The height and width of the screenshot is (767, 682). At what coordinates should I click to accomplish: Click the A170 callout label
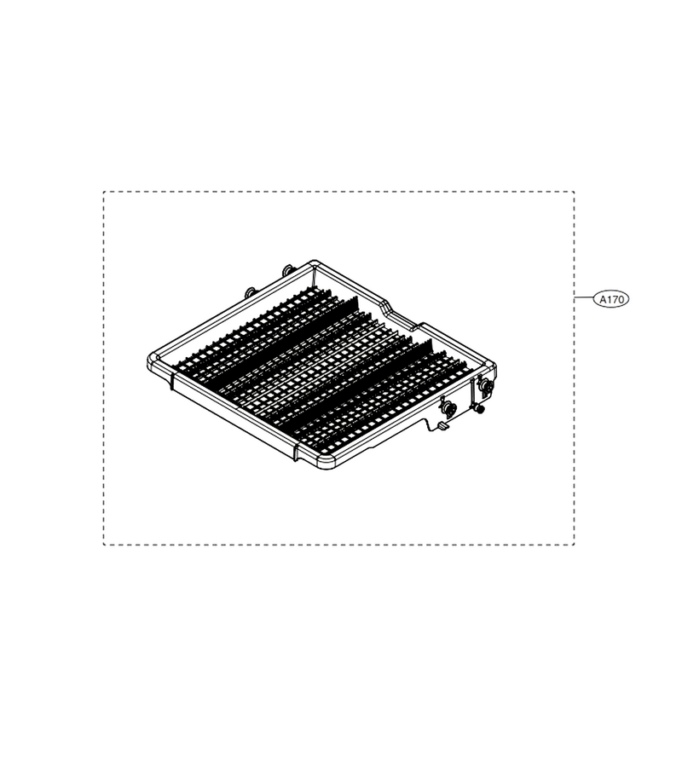coord(610,299)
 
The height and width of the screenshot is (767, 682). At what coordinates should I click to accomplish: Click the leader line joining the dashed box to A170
coord(584,297)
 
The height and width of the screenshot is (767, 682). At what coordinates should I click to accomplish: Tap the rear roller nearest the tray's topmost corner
coord(286,270)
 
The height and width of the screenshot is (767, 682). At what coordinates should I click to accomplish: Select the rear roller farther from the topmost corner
coord(251,292)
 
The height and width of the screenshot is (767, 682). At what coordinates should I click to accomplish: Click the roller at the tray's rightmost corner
coord(486,385)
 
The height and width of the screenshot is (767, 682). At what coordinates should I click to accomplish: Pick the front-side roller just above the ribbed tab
coord(448,407)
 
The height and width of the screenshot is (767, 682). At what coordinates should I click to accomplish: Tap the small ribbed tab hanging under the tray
coord(442,427)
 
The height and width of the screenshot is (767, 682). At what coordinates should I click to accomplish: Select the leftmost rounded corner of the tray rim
coord(151,359)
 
